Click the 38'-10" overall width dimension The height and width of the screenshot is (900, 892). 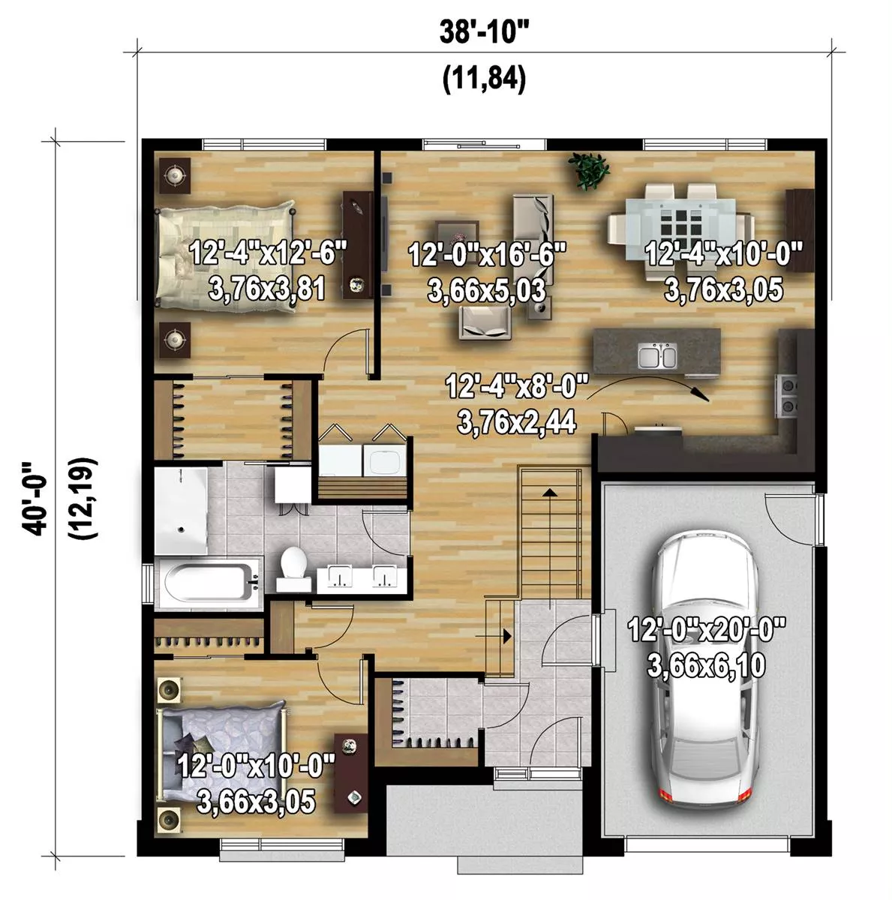pyautogui.click(x=484, y=31)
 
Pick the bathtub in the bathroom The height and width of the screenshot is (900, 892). pyautogui.click(x=209, y=582)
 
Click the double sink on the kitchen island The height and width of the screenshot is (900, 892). pyautogui.click(x=657, y=357)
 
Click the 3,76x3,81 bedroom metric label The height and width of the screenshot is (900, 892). pyautogui.click(x=267, y=289)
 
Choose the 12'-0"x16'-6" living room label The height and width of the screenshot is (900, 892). pyautogui.click(x=487, y=256)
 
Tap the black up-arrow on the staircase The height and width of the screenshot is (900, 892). pyautogui.click(x=550, y=492)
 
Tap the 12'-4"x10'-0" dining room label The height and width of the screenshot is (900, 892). pyautogui.click(x=723, y=254)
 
